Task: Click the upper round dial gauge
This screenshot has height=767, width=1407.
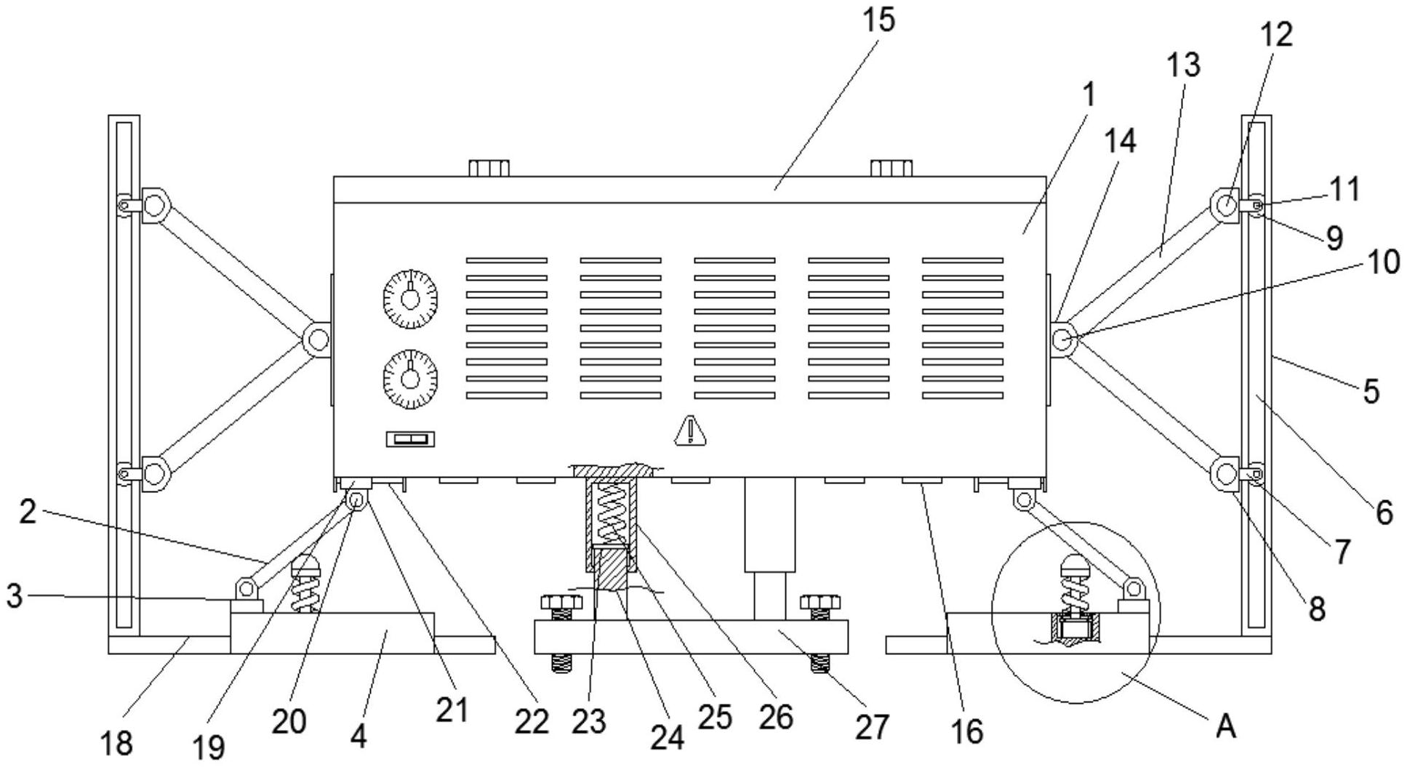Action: tap(410, 297)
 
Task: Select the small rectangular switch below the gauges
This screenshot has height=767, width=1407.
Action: tap(410, 439)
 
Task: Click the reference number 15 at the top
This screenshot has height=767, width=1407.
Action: tap(879, 20)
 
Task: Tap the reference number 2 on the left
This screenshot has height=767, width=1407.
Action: tap(27, 513)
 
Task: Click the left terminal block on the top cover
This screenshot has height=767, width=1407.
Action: tap(489, 168)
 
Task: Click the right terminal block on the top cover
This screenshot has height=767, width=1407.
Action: tap(891, 168)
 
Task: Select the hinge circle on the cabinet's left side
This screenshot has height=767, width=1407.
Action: tap(316, 339)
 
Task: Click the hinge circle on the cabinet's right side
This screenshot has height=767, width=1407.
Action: tap(1064, 339)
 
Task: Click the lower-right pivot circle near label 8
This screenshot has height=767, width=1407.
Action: tap(1224, 474)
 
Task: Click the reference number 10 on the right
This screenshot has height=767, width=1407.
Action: tap(1383, 262)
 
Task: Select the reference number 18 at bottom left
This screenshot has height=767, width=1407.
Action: tap(116, 742)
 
